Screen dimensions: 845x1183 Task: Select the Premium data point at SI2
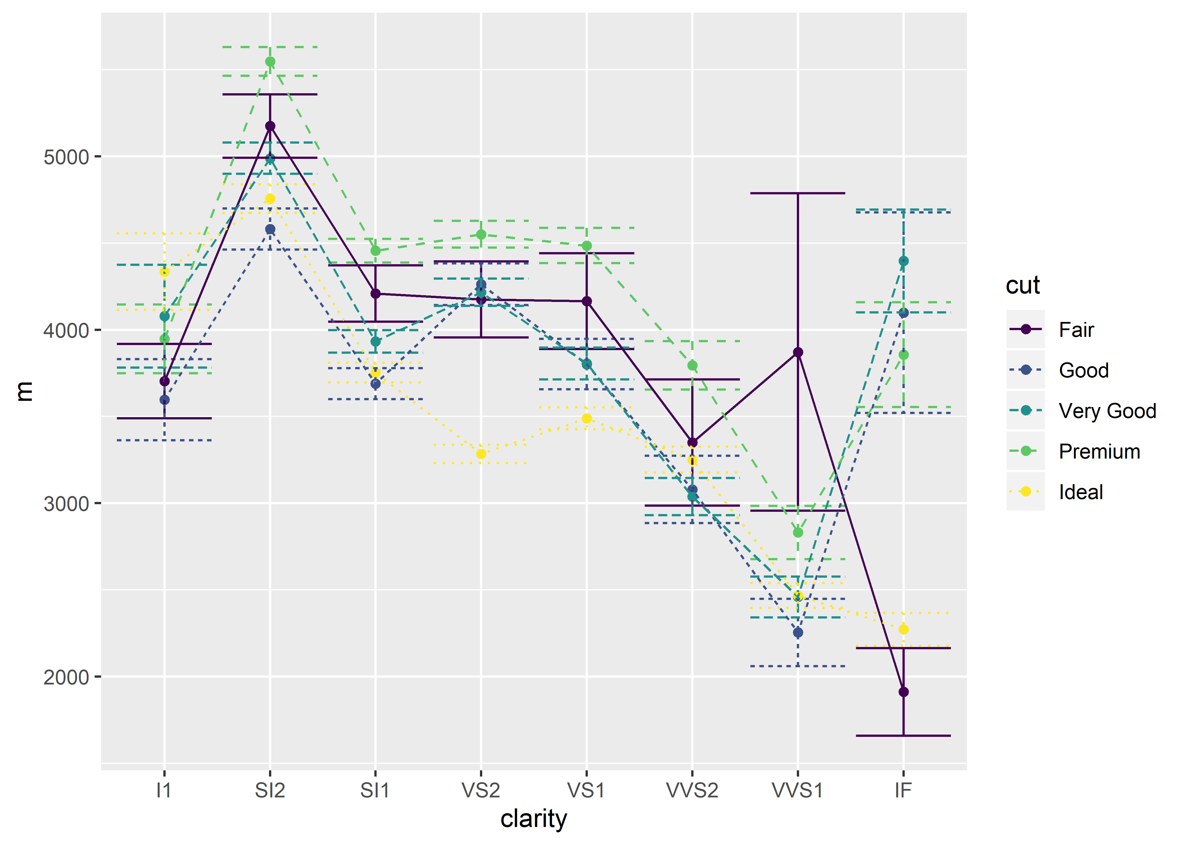(270, 62)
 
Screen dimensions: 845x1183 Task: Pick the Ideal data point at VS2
(481, 454)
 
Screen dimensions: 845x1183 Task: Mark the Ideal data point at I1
(164, 272)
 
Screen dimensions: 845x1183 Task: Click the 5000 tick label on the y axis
(66, 157)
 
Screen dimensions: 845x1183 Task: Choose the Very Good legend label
(1107, 411)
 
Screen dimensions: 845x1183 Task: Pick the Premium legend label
(1099, 452)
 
